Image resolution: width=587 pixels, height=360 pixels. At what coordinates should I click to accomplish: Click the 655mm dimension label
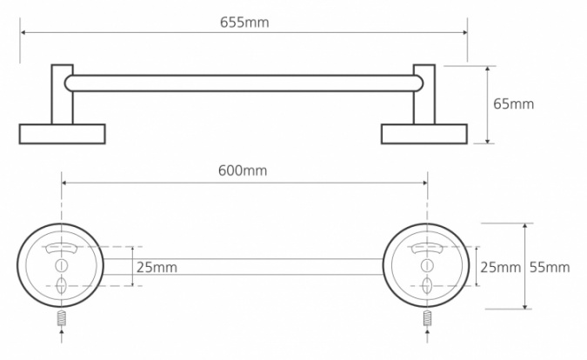[x=244, y=23]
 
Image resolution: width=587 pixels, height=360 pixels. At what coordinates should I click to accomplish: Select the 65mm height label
[x=513, y=103]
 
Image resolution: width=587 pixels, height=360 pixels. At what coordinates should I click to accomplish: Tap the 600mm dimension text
[x=243, y=170]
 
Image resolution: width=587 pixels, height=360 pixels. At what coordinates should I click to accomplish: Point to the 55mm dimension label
[x=550, y=267]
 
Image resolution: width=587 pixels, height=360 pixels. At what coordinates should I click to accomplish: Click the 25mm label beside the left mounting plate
[x=157, y=267]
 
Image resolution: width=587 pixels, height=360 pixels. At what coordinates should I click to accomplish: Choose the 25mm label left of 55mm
[x=501, y=267]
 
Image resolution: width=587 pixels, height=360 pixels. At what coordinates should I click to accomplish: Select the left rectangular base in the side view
[x=62, y=134]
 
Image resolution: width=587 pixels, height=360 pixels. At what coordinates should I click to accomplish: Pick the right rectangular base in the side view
[x=424, y=134]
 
